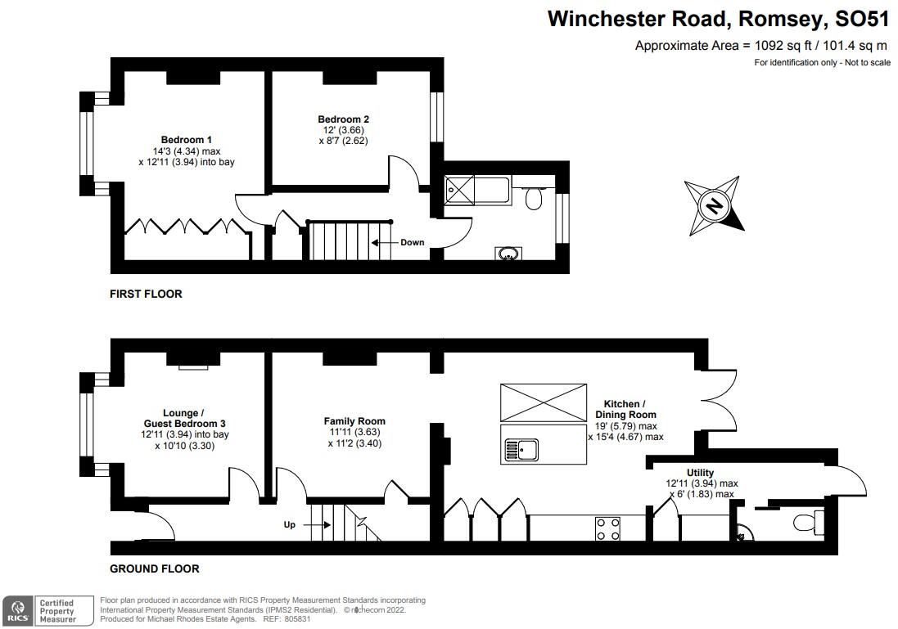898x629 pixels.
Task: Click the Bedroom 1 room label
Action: (186, 140)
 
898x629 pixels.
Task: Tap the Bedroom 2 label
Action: (344, 119)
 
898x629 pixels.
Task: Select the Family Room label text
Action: (354, 421)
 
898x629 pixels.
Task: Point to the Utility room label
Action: (701, 473)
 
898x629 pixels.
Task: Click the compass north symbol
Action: (714, 205)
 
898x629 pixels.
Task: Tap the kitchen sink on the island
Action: (521, 449)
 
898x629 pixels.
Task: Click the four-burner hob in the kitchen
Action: (607, 529)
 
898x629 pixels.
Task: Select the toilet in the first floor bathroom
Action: (534, 198)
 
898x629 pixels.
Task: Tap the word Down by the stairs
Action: (413, 242)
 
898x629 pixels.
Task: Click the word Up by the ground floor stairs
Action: (290, 525)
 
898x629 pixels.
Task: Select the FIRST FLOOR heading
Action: (146, 294)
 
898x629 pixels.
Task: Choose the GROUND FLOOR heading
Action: (155, 568)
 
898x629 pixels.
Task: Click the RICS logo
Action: (18, 611)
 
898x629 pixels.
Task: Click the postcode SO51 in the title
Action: (863, 19)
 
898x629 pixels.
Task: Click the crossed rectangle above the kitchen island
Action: (544, 402)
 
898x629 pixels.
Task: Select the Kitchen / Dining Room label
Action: (626, 409)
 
